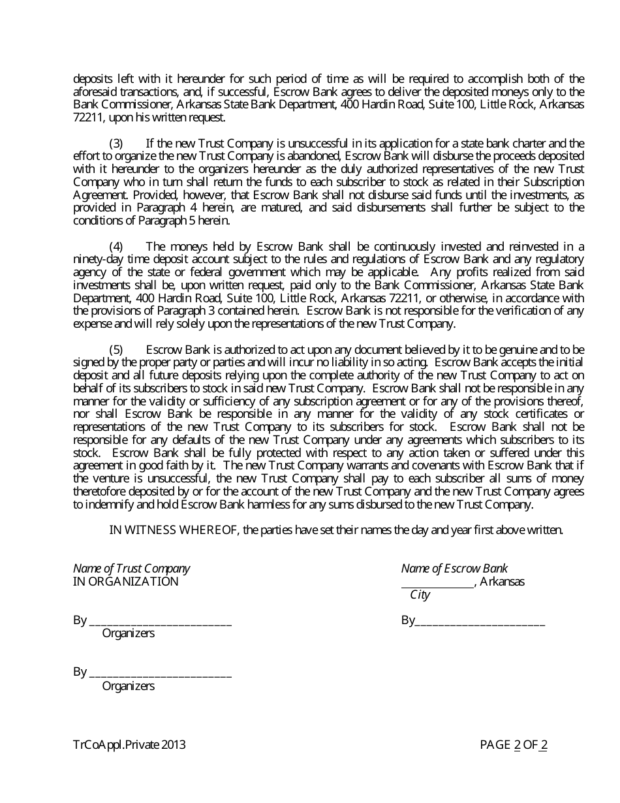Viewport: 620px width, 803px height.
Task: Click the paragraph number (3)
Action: click(x=116, y=143)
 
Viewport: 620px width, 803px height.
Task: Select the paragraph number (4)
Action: click(x=116, y=246)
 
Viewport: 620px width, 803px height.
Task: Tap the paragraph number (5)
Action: click(x=116, y=349)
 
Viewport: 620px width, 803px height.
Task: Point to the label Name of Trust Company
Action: click(x=132, y=569)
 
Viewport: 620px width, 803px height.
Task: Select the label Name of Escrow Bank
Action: click(x=454, y=569)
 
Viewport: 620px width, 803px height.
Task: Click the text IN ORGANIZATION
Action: click(x=125, y=582)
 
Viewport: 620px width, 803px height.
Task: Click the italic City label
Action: click(x=420, y=595)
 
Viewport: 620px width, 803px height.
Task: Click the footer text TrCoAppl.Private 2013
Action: click(x=129, y=744)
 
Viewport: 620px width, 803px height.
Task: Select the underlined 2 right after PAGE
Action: click(x=518, y=744)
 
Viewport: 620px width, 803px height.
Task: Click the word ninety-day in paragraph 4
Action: click(x=95, y=259)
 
